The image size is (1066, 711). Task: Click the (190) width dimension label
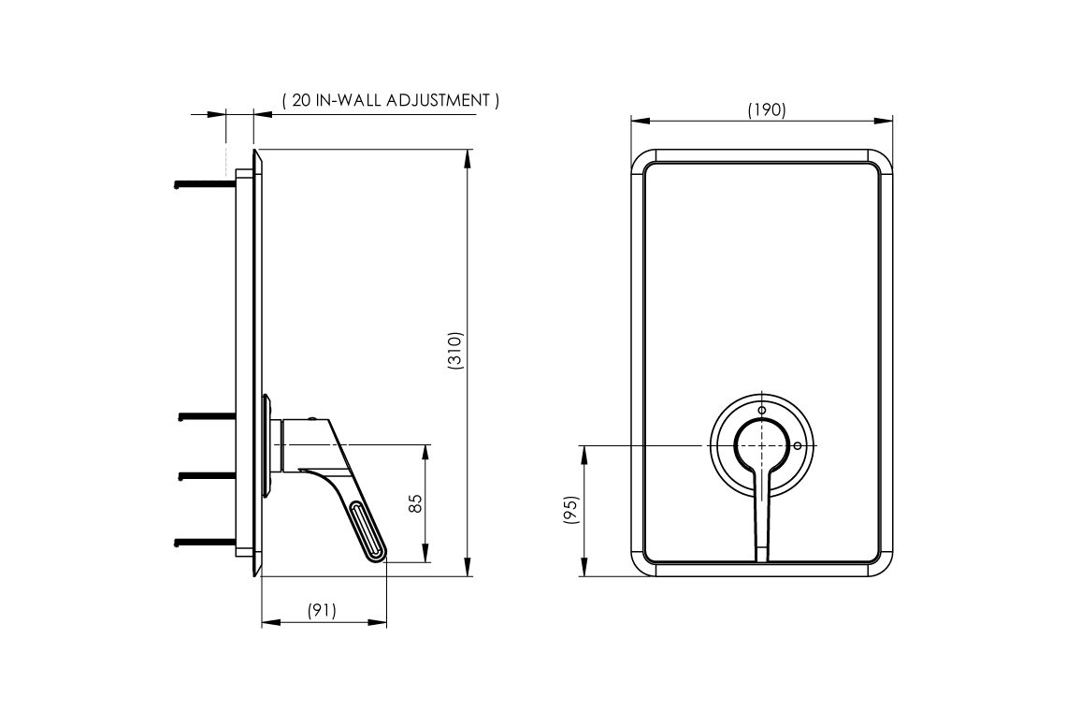[x=766, y=109]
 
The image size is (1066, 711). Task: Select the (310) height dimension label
[x=454, y=351]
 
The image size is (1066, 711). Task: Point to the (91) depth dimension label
[x=322, y=610]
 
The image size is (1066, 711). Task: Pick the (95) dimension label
[x=571, y=509]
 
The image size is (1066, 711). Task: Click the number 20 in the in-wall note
[x=301, y=100]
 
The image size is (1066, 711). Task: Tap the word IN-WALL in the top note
[x=348, y=100]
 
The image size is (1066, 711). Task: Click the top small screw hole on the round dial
[x=761, y=411]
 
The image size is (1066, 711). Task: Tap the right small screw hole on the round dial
[x=798, y=446]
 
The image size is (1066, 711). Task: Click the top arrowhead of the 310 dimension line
[x=467, y=158]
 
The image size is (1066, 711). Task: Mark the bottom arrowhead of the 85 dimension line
[x=425, y=553]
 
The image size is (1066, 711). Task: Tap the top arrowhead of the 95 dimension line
[x=584, y=456]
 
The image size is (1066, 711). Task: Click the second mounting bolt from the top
[x=208, y=415]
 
